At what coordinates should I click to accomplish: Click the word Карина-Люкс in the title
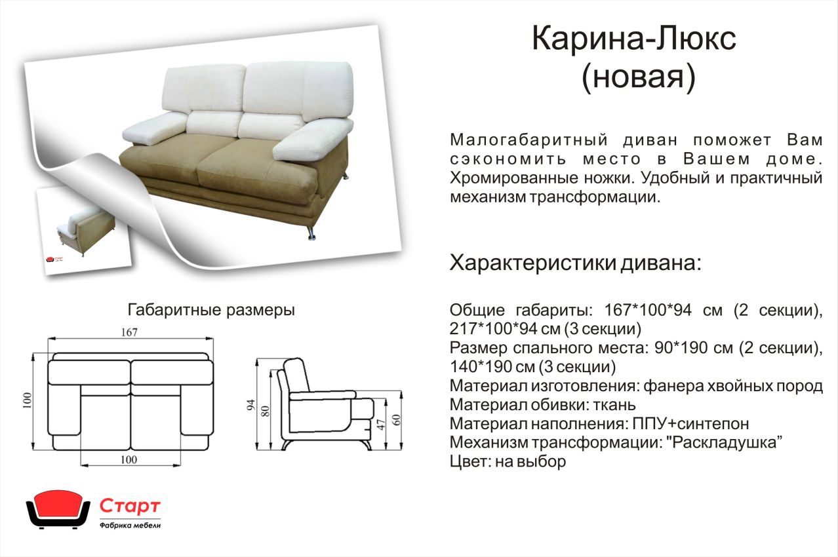634,39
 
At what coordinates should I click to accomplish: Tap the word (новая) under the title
639,78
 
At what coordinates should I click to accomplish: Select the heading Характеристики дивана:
575,262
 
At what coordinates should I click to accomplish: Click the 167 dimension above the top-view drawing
129,332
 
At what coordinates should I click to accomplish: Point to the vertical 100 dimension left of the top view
28,400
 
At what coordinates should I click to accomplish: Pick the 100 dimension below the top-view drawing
129,460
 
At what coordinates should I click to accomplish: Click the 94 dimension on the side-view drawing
250,405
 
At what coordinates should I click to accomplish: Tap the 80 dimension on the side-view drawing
265,412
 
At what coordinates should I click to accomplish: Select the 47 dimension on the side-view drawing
380,425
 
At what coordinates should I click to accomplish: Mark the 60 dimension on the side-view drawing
397,420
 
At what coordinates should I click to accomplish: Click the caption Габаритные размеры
211,310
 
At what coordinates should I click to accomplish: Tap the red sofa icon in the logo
58,509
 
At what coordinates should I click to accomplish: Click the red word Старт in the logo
130,506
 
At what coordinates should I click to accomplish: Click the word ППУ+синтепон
690,423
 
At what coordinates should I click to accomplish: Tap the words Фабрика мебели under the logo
130,526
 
